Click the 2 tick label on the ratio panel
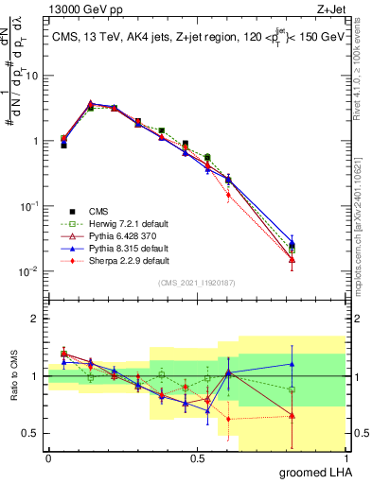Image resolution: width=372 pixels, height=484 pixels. (36, 319)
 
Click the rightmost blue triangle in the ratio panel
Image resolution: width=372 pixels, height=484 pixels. (292, 364)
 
